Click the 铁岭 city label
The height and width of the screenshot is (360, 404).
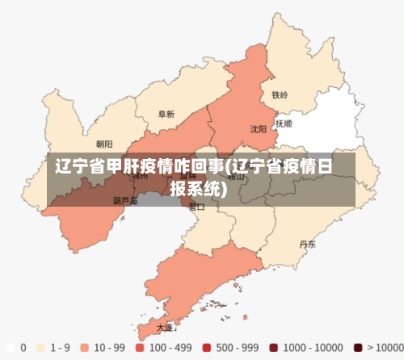(280, 94)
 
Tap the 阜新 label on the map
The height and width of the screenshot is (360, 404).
(166, 115)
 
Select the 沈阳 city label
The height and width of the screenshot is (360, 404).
(258, 128)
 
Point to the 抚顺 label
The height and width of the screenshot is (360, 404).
(284, 124)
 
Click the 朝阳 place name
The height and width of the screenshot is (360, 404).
(104, 144)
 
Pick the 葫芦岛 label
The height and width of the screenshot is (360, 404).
(125, 200)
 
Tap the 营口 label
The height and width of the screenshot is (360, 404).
(196, 207)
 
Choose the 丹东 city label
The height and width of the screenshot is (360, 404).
(307, 243)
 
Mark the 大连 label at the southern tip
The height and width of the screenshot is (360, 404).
(165, 327)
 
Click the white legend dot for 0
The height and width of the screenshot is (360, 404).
(11, 348)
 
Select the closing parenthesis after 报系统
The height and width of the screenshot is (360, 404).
(223, 190)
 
